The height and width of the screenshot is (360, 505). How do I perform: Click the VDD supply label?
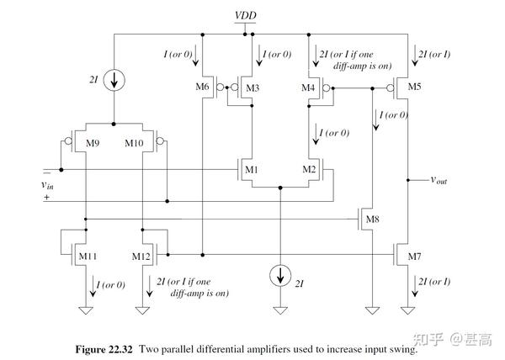point(246,15)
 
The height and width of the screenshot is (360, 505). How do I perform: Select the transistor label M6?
point(202,87)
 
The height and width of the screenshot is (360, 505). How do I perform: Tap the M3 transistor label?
point(252,87)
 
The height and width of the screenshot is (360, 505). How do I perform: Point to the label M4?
point(308,87)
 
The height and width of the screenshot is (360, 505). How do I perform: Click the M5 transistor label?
point(414,87)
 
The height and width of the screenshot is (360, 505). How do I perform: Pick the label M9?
point(93,143)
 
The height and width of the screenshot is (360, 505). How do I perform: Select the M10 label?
point(134,143)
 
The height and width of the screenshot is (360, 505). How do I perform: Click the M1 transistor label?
point(252,169)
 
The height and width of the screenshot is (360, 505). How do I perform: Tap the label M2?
point(309,169)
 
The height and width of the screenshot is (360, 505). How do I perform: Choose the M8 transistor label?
point(373,220)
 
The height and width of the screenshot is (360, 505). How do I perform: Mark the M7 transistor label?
point(414,257)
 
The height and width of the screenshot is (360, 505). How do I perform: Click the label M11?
point(88,257)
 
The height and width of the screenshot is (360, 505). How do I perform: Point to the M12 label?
point(141,257)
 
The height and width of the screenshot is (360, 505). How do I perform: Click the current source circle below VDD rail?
point(114,80)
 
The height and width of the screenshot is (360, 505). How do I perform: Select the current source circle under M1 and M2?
point(280,276)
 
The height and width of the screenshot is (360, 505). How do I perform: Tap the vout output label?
point(439,180)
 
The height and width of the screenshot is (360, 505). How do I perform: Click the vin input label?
point(48,185)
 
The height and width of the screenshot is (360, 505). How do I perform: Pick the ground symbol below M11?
point(86,310)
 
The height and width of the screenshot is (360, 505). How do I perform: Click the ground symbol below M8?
point(372,310)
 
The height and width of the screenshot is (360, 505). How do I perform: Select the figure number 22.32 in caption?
point(120,349)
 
